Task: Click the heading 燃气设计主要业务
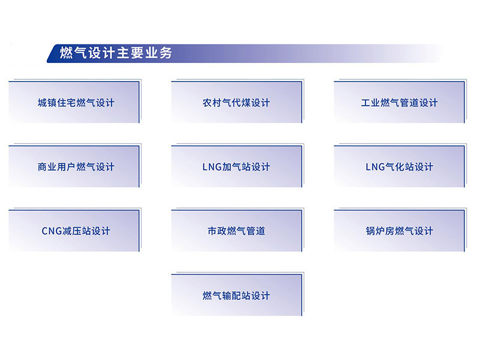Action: (116, 53)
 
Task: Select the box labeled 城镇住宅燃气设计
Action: (74, 102)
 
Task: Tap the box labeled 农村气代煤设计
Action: (237, 102)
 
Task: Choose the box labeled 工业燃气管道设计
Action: (400, 102)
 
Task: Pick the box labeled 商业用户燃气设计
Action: (74, 166)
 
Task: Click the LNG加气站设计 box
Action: (237, 166)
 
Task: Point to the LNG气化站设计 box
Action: (400, 166)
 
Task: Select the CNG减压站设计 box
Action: (74, 230)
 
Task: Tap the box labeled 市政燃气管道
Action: (237, 230)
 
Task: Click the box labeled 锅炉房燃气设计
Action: (400, 230)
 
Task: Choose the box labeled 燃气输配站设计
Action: (237, 295)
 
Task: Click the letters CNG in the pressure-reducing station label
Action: (52, 231)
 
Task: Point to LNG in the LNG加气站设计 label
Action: (212, 167)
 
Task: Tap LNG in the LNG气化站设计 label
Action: (376, 167)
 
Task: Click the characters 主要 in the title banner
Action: (130, 53)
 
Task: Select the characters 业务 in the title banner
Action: (158, 53)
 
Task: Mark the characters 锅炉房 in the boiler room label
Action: (380, 231)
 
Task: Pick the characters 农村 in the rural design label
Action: (212, 103)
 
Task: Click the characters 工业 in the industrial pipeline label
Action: (370, 103)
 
